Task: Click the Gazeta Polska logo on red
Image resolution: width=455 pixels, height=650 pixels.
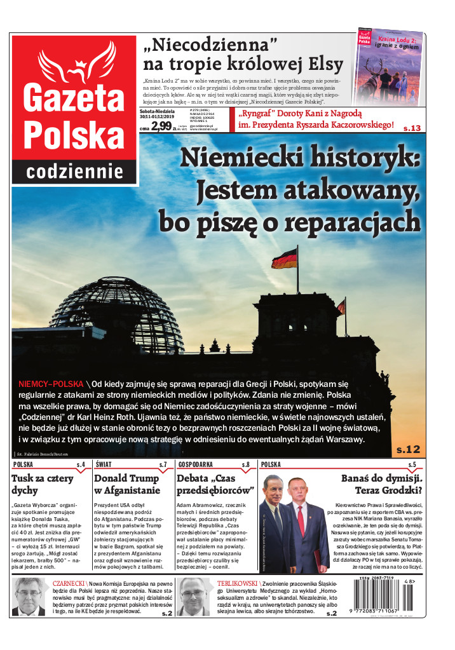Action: click(74, 102)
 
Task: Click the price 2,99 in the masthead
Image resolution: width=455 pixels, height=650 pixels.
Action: click(161, 126)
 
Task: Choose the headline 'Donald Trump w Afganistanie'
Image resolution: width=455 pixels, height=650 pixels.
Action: click(126, 484)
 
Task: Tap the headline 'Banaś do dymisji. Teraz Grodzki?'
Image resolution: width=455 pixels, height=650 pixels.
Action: click(383, 484)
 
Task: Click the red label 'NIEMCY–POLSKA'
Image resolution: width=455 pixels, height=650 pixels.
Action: click(51, 384)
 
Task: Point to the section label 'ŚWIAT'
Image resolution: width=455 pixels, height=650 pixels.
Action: click(104, 465)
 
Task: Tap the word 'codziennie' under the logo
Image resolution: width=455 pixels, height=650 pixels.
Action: click(74, 170)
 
